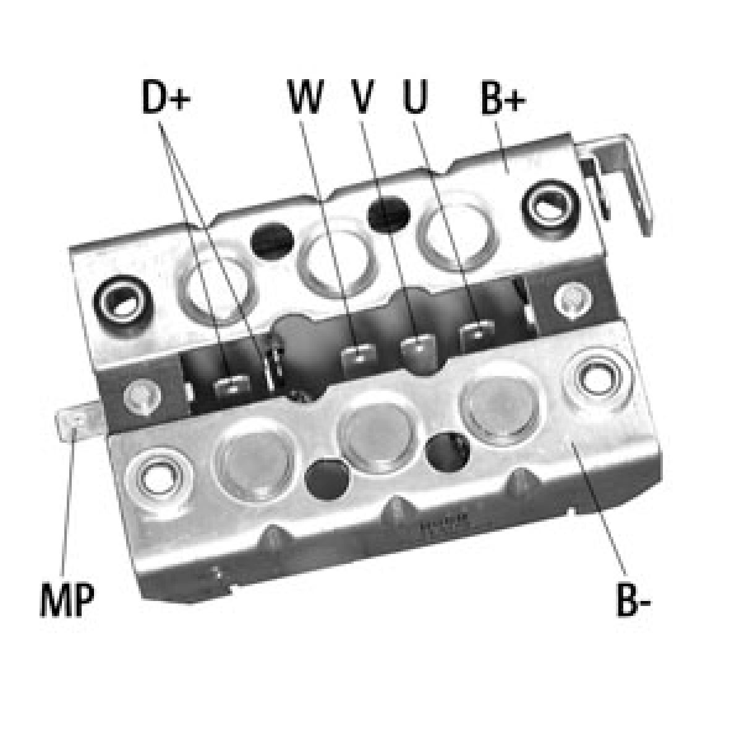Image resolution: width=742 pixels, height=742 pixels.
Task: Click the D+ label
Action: click(x=166, y=96)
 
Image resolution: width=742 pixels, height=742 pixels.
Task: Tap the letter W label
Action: click(x=305, y=96)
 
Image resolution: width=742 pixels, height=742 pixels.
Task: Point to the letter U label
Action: click(x=416, y=96)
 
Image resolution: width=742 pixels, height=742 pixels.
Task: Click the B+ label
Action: click(x=503, y=98)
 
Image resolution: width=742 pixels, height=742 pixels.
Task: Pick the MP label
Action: click(x=67, y=600)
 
